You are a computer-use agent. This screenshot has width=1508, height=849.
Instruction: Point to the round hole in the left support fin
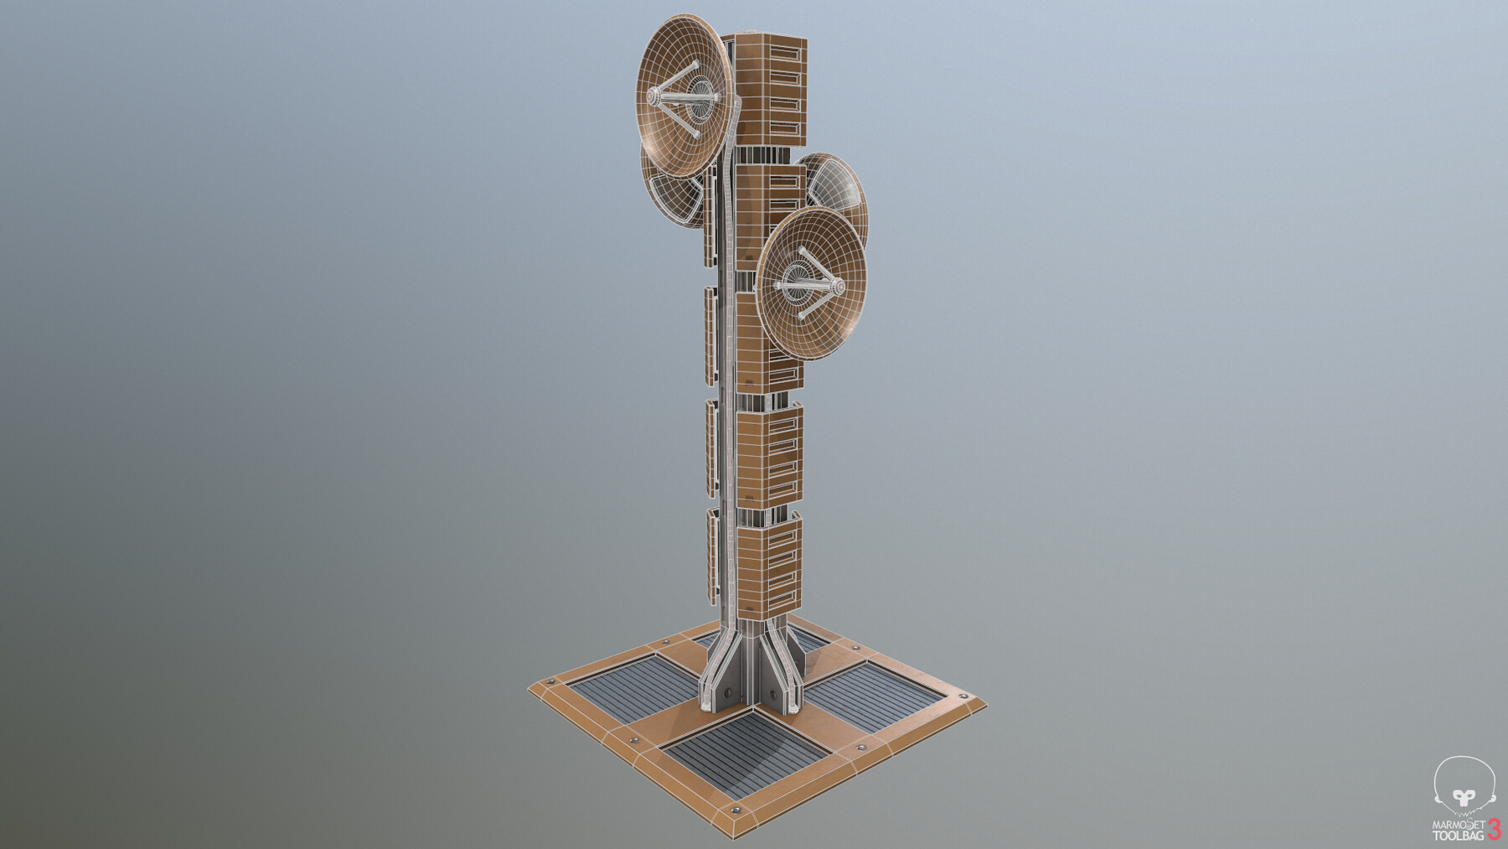(727, 692)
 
